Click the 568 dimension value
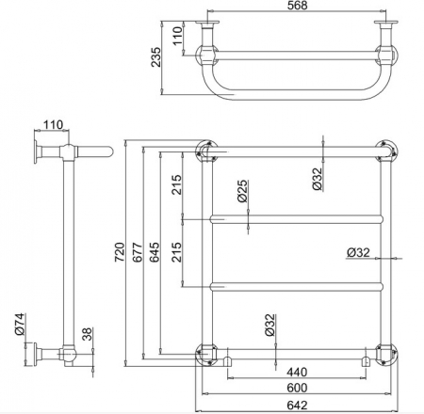[x=297, y=6]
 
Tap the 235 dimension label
[x=155, y=56]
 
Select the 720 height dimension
[x=120, y=252]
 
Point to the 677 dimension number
[x=138, y=252]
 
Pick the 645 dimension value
[x=155, y=252]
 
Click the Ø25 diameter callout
[x=242, y=191]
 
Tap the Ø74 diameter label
[x=20, y=324]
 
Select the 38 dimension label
[x=88, y=334]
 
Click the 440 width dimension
[x=297, y=372]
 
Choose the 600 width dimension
[x=297, y=388]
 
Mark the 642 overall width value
[x=297, y=406]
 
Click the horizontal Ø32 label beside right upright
[x=358, y=252]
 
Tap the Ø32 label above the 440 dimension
[x=269, y=325]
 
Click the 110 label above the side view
[x=53, y=125]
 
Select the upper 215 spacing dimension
[x=177, y=184]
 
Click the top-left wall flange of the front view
[x=206, y=151]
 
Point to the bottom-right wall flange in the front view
[x=387, y=355]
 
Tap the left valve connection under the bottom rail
[x=227, y=361]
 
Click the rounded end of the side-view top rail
[x=108, y=151]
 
